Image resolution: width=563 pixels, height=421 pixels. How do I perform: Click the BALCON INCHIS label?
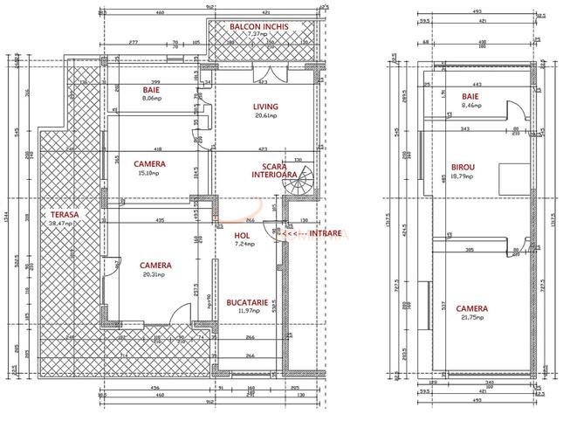[x=258, y=27]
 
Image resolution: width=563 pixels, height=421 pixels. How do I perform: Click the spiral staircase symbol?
[x=302, y=181]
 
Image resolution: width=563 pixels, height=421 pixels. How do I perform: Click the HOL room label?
[x=243, y=235]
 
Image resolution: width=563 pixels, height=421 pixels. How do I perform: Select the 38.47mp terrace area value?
[x=64, y=224]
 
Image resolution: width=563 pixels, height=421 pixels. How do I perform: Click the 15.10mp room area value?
[x=150, y=172]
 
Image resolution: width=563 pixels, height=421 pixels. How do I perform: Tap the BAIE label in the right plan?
[x=470, y=96]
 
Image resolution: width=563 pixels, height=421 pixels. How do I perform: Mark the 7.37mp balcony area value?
[x=258, y=36]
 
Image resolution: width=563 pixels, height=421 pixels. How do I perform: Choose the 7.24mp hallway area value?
[x=244, y=244]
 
